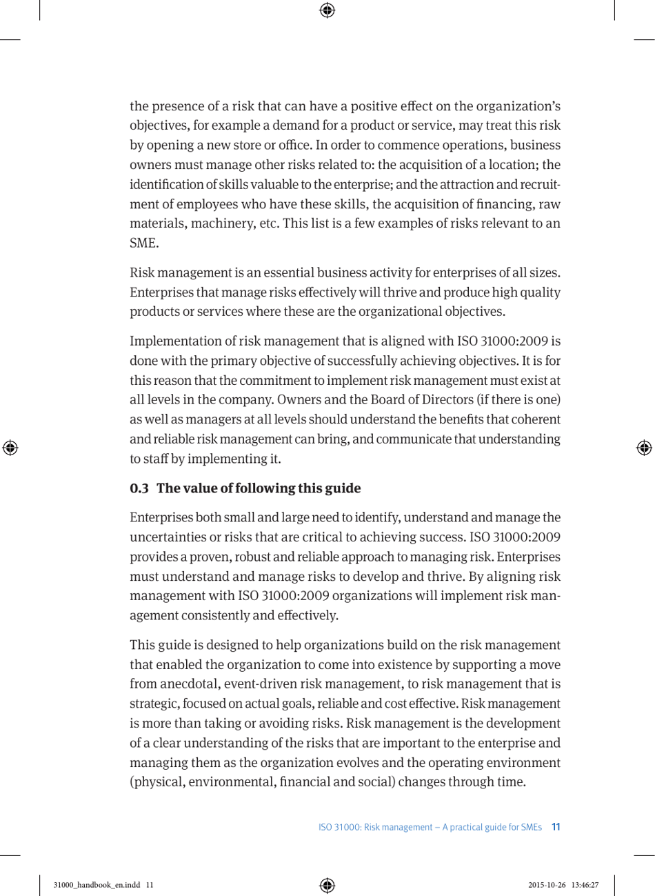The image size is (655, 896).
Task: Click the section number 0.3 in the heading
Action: pyautogui.click(x=139, y=488)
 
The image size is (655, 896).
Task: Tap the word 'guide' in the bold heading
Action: pyautogui.click(x=343, y=488)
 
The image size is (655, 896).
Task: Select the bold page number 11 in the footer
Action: pyautogui.click(x=556, y=826)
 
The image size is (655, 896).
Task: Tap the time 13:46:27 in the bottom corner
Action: pyautogui.click(x=585, y=885)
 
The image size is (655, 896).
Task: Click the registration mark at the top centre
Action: pyautogui.click(x=327, y=10)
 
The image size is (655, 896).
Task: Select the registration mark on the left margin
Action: pyautogui.click(x=10, y=448)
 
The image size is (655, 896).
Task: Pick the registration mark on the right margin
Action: pyautogui.click(x=644, y=448)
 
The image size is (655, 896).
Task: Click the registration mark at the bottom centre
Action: pyautogui.click(x=327, y=885)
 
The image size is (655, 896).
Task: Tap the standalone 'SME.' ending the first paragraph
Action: pyautogui.click(x=143, y=243)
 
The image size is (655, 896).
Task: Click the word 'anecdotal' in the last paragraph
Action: pyautogui.click(x=188, y=684)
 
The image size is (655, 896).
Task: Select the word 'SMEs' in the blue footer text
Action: pyautogui.click(x=532, y=826)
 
